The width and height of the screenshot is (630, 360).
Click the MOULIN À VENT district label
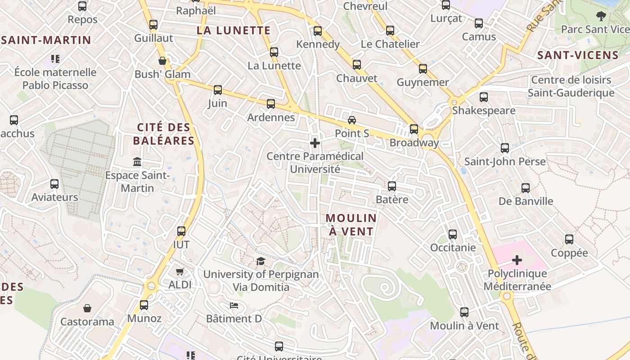(x=351, y=225)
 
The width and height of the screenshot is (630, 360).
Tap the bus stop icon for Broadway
(x=414, y=129)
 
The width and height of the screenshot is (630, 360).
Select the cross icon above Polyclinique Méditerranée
(x=517, y=260)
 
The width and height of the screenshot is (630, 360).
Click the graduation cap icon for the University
(x=261, y=261)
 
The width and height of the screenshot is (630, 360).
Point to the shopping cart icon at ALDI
(x=180, y=271)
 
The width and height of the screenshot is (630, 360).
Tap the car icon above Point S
(x=352, y=120)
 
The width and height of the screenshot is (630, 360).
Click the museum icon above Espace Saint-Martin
(x=137, y=162)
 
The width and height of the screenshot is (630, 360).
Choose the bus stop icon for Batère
(x=392, y=186)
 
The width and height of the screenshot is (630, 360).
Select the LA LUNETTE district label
(x=234, y=31)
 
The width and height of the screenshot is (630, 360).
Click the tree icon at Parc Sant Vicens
(x=601, y=16)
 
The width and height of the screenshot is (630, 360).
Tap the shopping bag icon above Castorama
(x=87, y=308)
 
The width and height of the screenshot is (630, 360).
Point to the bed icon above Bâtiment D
(x=234, y=306)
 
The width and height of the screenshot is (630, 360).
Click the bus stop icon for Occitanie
(x=453, y=234)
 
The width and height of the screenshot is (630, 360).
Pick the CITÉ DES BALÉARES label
(x=164, y=134)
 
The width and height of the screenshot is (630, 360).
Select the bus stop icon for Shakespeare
(x=484, y=97)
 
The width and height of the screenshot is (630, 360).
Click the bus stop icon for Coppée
(x=569, y=239)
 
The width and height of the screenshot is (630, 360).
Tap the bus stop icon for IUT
(x=181, y=231)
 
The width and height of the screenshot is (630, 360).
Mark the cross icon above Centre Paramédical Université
(x=315, y=143)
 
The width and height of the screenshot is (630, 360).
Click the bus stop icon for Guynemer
(x=423, y=69)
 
